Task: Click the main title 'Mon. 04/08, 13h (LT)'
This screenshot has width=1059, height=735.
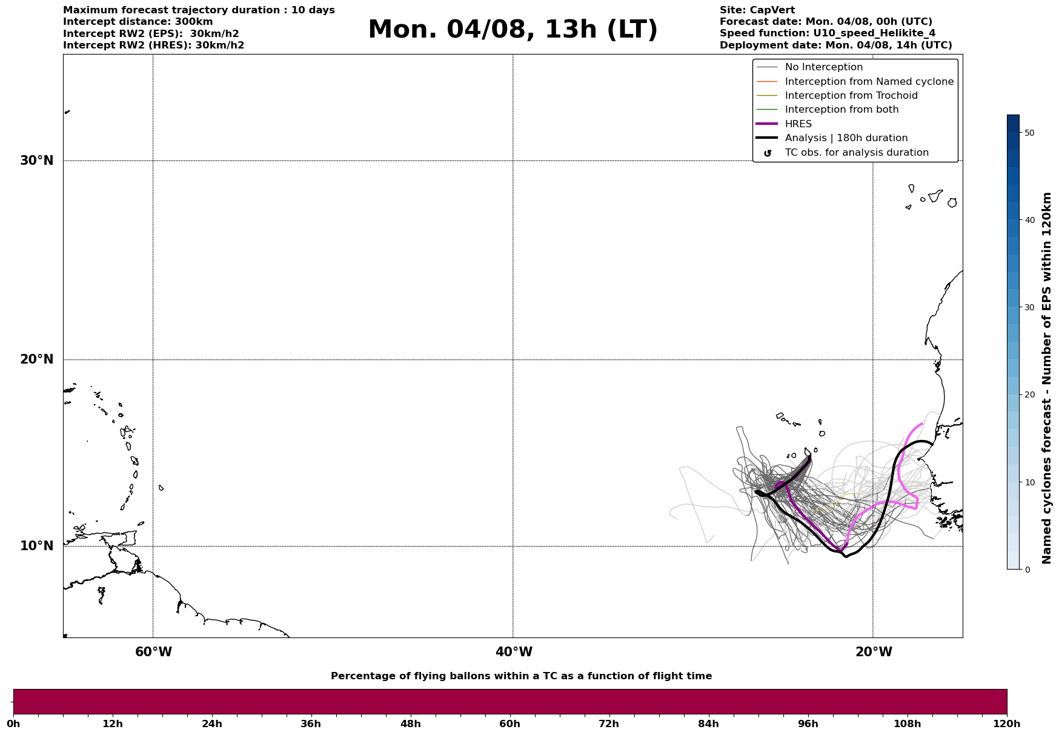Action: [512, 30]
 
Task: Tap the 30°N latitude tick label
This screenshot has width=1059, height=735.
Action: [36, 161]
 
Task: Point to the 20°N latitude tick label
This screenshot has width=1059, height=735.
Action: [36, 359]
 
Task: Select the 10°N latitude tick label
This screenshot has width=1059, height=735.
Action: [36, 546]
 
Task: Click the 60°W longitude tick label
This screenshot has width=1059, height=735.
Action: [153, 652]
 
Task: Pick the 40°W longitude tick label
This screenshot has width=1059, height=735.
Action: [514, 652]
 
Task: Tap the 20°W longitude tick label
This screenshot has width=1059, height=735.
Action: [874, 652]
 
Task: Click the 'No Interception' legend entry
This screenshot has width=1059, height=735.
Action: [823, 67]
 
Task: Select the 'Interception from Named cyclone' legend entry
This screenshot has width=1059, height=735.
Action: [869, 82]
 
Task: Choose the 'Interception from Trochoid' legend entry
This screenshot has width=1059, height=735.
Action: [851, 96]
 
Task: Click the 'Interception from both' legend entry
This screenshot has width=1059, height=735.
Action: [842, 110]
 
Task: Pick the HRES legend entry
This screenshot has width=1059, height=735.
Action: [798, 124]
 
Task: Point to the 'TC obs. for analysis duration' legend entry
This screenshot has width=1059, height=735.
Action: [856, 153]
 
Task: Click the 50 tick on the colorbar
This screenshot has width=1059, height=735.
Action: [1029, 133]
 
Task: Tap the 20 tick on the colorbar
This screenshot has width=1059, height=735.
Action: [1029, 394]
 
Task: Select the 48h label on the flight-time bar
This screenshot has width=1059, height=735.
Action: [410, 723]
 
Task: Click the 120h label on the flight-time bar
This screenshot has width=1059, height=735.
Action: [1007, 723]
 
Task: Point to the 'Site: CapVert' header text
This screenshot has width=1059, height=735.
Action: [757, 10]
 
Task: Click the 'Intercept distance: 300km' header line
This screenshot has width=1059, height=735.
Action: [138, 22]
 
